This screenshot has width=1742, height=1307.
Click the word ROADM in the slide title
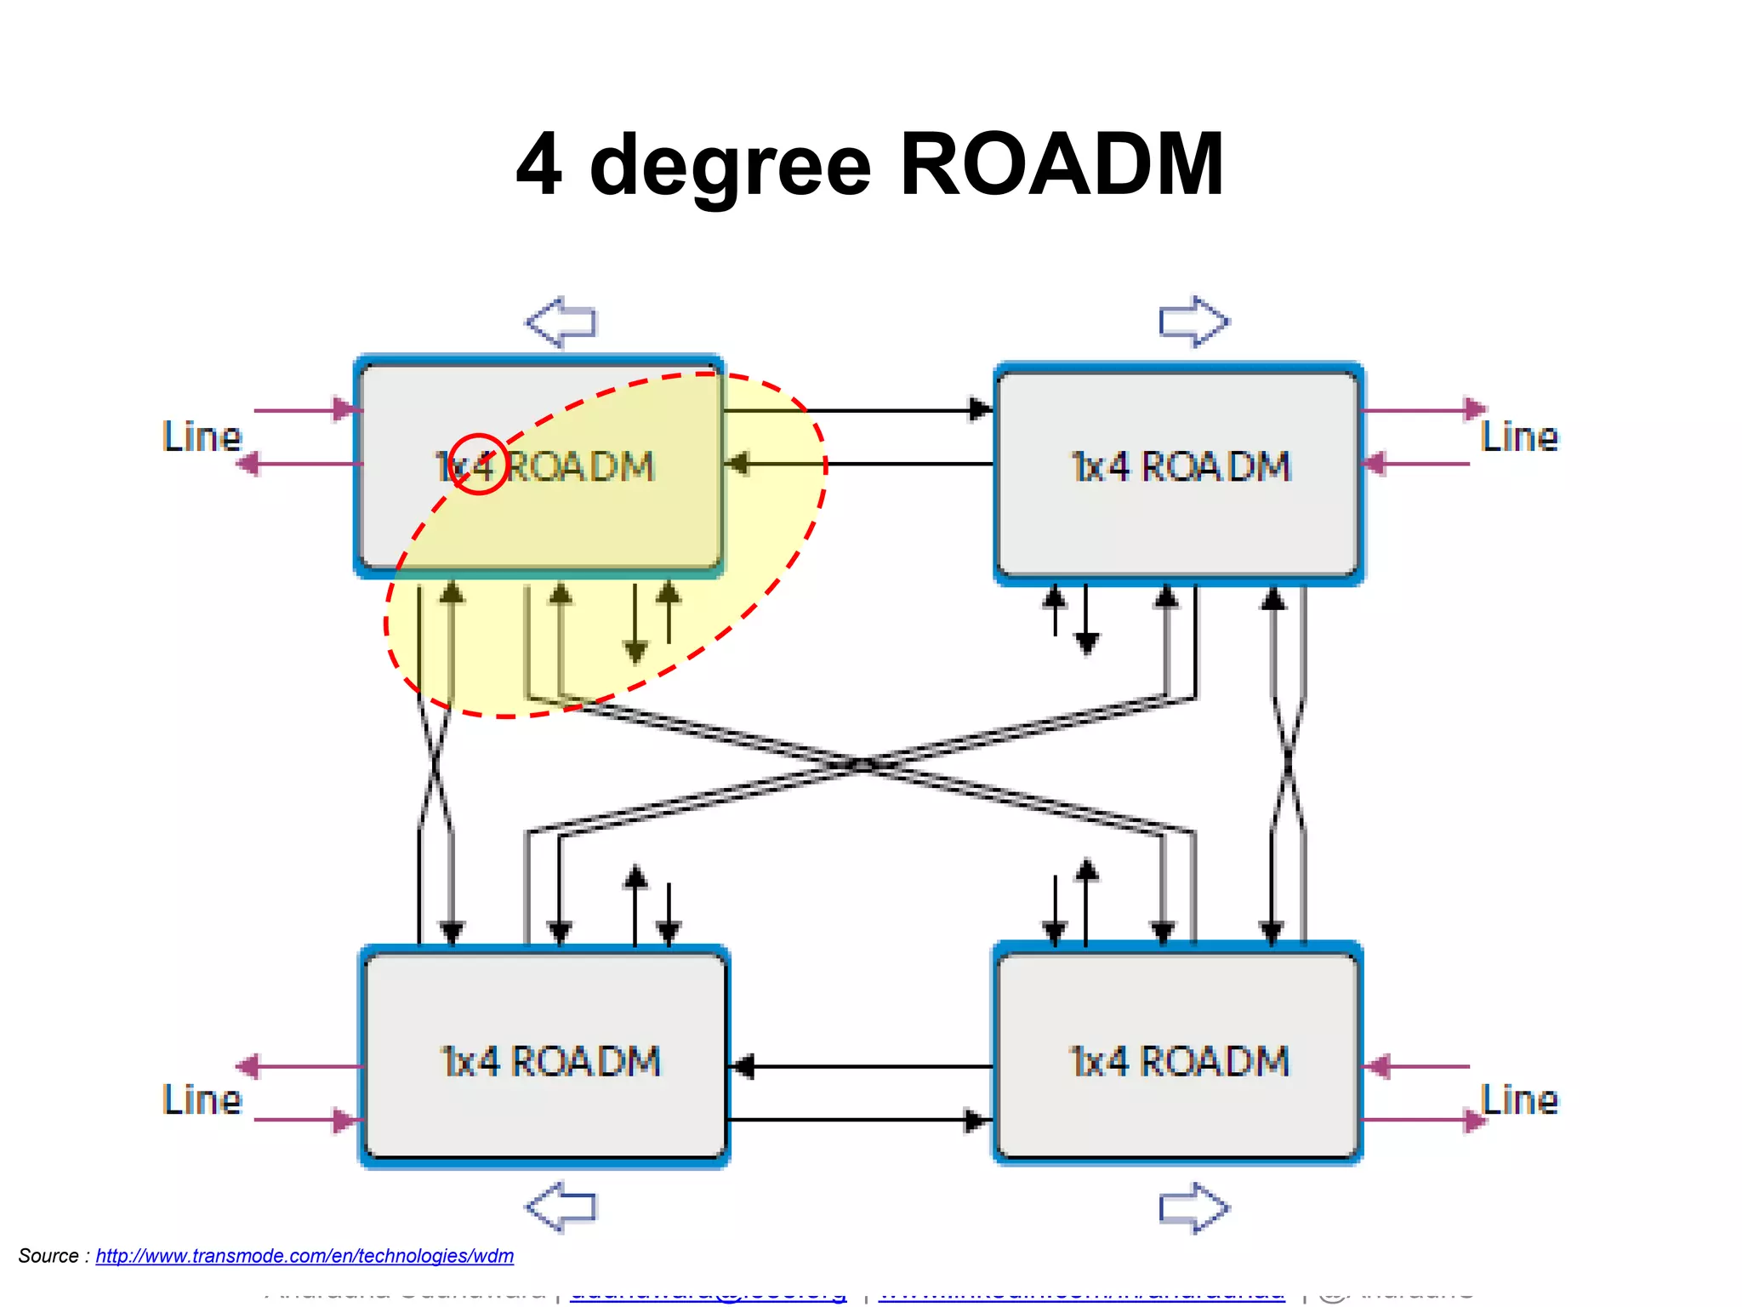point(1061,164)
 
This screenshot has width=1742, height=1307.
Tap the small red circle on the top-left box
point(478,464)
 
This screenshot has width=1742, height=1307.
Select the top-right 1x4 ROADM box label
point(1181,466)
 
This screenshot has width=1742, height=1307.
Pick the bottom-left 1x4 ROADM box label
point(550,1061)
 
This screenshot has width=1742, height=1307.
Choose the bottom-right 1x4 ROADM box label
point(1179,1061)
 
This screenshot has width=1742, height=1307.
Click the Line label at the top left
point(202,437)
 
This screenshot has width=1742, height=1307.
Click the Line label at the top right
point(1519,437)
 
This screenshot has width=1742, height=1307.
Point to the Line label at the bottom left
point(202,1099)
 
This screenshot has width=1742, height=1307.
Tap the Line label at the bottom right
point(1519,1099)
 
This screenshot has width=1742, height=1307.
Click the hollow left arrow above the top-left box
point(561,322)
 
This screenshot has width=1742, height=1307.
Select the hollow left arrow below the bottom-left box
point(561,1207)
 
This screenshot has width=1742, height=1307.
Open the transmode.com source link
point(305,1256)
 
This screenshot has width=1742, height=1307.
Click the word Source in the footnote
point(48,1256)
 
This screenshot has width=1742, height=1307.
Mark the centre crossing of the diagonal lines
point(862,764)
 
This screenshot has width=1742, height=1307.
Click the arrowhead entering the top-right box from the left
point(981,409)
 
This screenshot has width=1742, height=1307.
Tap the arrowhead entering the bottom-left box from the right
point(743,1065)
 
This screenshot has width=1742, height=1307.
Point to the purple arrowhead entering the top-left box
point(344,409)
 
